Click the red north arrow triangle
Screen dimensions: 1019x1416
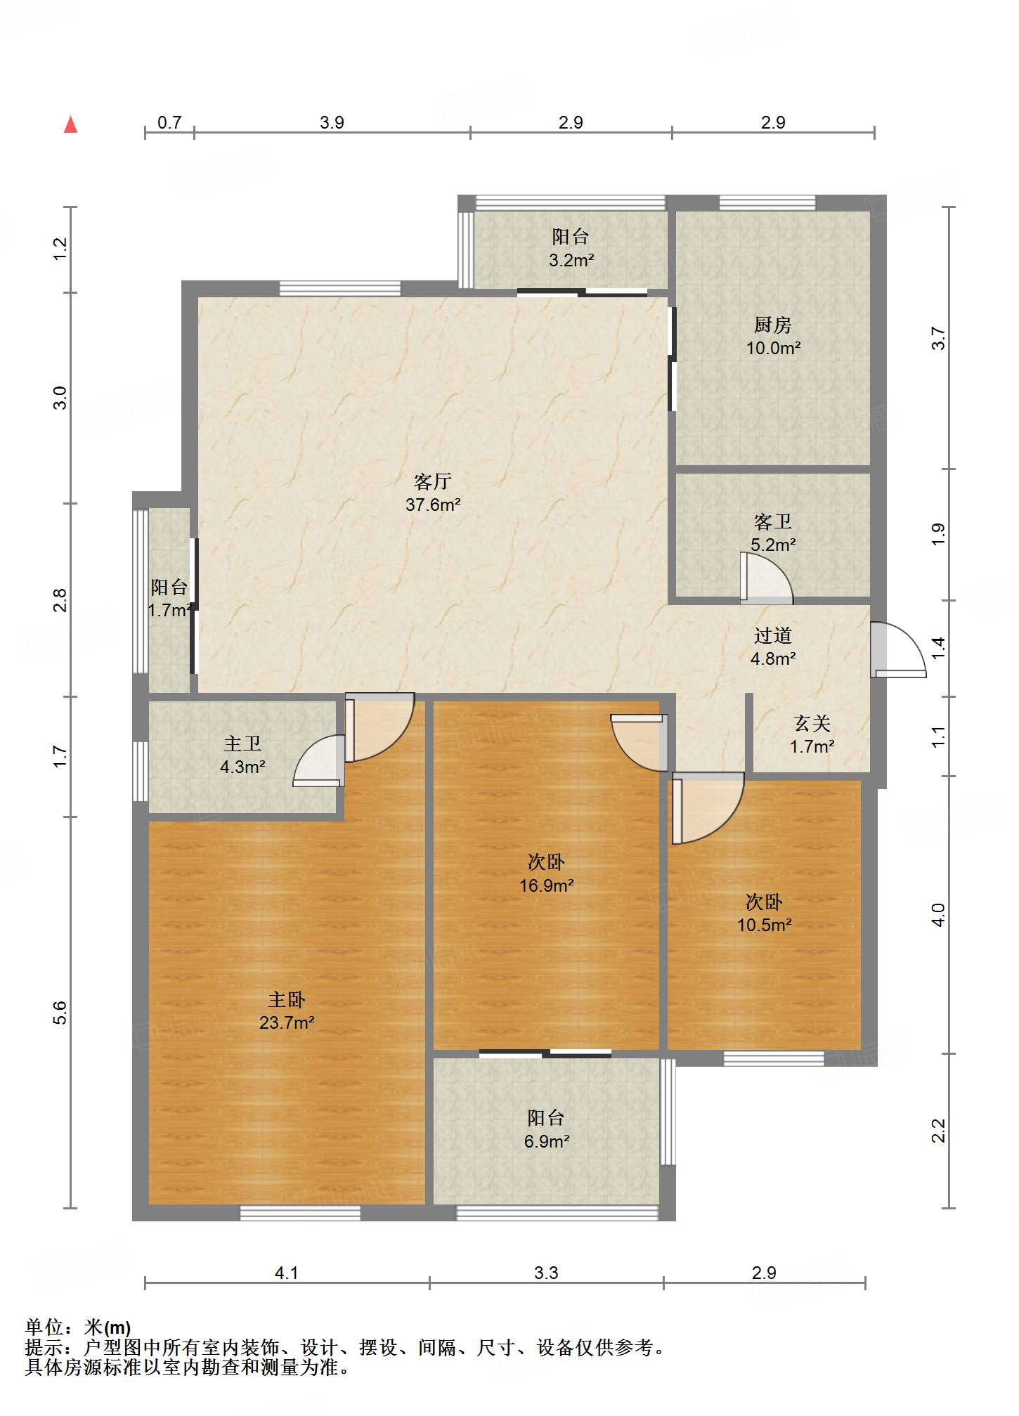pyautogui.click(x=70, y=124)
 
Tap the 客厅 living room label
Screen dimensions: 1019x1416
pyautogui.click(x=432, y=481)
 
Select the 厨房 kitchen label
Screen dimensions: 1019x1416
pyautogui.click(x=773, y=325)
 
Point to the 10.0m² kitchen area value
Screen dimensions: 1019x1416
pyautogui.click(x=773, y=348)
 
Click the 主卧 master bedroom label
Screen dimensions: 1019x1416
pyautogui.click(x=287, y=999)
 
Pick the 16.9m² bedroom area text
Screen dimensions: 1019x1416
pyautogui.click(x=546, y=885)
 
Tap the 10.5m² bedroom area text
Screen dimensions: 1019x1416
pyautogui.click(x=764, y=925)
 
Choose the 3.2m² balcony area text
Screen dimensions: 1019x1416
pyautogui.click(x=571, y=260)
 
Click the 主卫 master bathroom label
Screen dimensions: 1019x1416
pyautogui.click(x=242, y=743)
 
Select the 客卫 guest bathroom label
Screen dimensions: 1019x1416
pyautogui.click(x=773, y=521)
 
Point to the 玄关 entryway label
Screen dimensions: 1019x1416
pyautogui.click(x=812, y=723)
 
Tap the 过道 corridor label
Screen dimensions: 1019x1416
pyautogui.click(x=773, y=635)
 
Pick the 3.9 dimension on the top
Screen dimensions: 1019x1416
pyautogui.click(x=332, y=122)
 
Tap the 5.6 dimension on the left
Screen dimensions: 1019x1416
pyautogui.click(x=60, y=1012)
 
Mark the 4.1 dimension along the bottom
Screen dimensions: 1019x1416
pyautogui.click(x=287, y=1273)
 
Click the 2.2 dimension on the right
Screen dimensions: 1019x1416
pyautogui.click(x=939, y=1131)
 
